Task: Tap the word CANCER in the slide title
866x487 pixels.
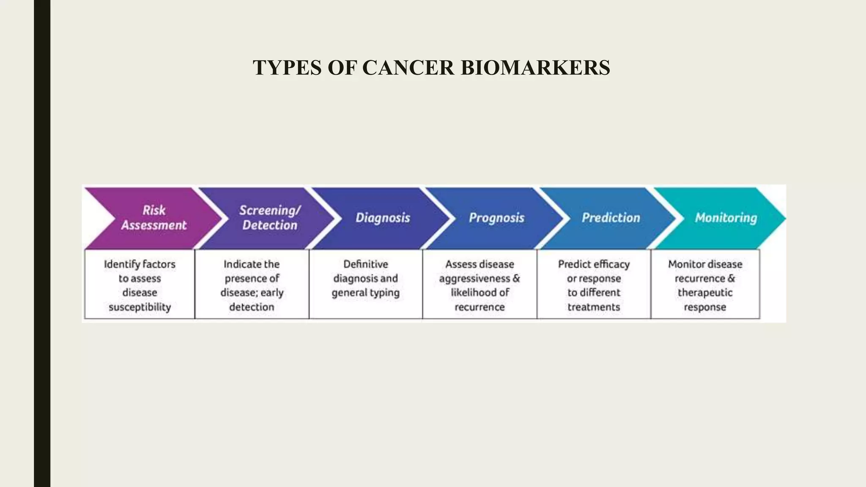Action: (408, 68)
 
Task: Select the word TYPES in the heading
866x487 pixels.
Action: (288, 68)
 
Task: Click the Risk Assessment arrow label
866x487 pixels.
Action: (154, 218)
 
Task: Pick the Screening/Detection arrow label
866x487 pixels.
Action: (270, 218)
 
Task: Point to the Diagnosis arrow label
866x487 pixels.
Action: (383, 218)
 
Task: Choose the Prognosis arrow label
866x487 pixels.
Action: (496, 218)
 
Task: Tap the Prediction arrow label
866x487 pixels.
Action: (611, 218)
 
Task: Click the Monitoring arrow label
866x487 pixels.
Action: (726, 218)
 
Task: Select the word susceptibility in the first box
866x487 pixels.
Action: (140, 307)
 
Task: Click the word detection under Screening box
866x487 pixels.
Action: (252, 307)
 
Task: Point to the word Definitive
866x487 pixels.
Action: (365, 264)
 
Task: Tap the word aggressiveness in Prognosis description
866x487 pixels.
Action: (474, 279)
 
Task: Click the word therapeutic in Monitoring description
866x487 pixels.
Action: (705, 293)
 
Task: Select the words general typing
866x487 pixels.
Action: (365, 293)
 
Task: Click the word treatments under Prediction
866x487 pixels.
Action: (594, 307)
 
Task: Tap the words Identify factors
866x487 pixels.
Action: (140, 264)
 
